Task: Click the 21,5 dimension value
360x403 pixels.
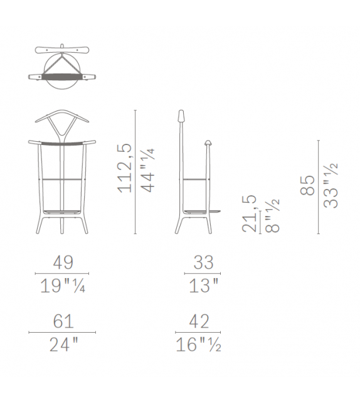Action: (x=250, y=213)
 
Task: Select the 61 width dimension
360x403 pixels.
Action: (x=61, y=323)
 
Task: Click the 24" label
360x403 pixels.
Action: (x=61, y=344)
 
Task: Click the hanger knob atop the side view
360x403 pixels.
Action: (x=181, y=117)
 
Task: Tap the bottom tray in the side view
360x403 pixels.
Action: (x=201, y=210)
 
